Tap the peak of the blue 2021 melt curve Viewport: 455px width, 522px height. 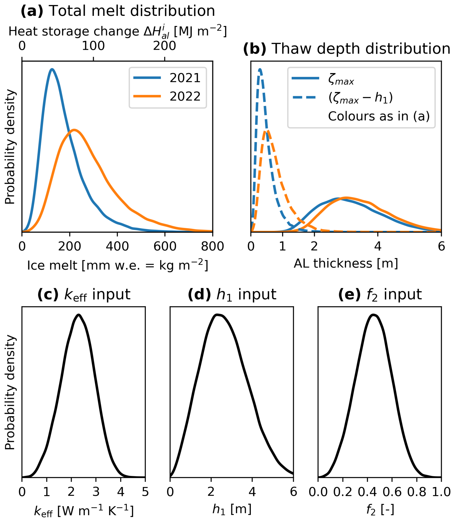pos(52,69)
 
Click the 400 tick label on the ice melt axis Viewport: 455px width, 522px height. pos(117,246)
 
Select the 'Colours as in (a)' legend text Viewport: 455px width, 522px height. pos(379,116)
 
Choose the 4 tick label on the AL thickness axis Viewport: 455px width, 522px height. pos(378,246)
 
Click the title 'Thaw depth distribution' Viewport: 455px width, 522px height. pos(360,49)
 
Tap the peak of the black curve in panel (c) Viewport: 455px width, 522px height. pos(79,315)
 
